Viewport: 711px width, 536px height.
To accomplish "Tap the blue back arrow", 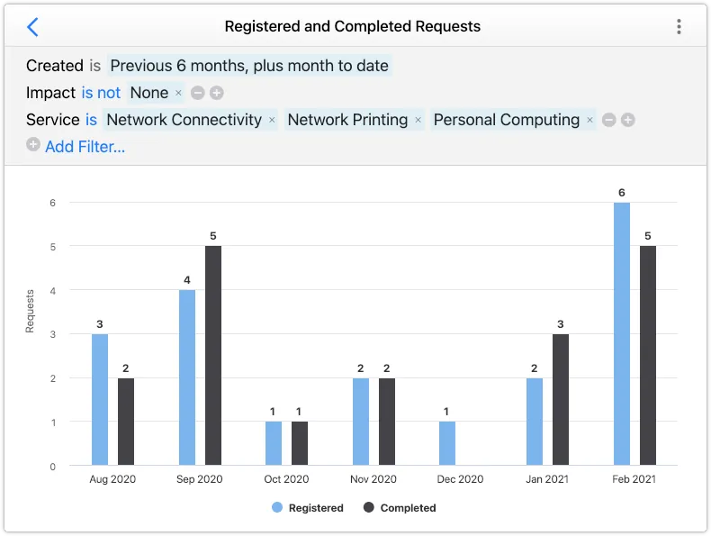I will point(32,27).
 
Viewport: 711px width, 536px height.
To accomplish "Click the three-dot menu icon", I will point(679,27).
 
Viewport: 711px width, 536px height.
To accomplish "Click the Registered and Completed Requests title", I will point(352,27).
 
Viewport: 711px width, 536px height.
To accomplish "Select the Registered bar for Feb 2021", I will point(622,334).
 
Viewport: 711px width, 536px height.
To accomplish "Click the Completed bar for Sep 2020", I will point(213,356).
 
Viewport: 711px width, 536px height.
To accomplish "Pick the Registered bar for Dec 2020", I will point(447,443).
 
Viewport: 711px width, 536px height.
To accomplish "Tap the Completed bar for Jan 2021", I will point(560,400).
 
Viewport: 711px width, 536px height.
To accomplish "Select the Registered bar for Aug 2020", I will point(100,400).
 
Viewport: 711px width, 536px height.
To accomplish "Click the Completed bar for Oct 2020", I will point(300,443).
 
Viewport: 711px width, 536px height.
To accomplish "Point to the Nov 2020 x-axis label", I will point(372,479).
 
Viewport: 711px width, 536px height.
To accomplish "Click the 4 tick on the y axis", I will point(52,290).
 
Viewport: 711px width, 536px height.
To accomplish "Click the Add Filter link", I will point(85,147).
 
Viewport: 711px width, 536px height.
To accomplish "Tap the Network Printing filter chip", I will point(347,120).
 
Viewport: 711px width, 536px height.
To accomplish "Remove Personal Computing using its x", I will point(589,120).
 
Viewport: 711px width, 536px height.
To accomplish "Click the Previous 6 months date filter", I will point(249,66).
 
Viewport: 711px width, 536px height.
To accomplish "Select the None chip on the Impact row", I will point(149,93).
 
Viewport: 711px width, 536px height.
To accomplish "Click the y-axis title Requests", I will point(30,311).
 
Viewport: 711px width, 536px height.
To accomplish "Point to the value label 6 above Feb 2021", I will point(622,193).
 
